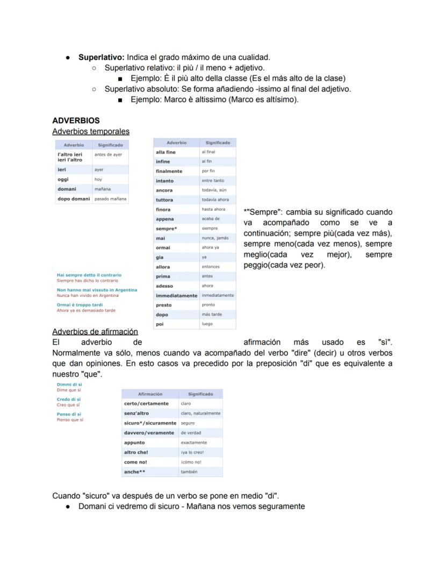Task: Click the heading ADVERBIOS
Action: click(76, 120)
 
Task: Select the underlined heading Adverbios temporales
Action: click(90, 131)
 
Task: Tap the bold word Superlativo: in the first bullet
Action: click(102, 57)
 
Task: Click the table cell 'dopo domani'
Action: click(74, 199)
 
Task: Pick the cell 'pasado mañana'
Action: click(110, 199)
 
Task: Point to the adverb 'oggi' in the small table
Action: click(63, 179)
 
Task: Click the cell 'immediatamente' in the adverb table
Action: click(176, 295)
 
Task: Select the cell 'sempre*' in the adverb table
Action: click(166, 229)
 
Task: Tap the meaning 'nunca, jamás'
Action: click(215, 238)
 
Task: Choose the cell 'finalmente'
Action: click(169, 171)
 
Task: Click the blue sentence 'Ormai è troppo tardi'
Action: click(80, 305)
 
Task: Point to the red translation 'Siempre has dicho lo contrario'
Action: click(88, 281)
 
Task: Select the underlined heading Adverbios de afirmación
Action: click(95, 332)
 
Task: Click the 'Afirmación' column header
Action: click(150, 394)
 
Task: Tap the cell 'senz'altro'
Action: click(137, 414)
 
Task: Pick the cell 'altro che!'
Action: click(136, 452)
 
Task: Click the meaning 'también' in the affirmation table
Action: click(189, 472)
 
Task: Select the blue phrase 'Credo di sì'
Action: click(69, 400)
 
